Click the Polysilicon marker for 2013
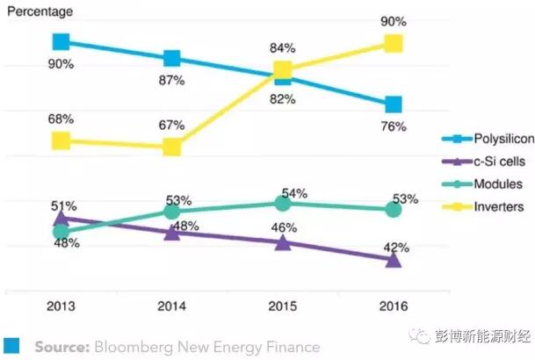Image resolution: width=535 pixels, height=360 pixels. [x=61, y=41]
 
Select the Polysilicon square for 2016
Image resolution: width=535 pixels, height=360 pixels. [x=394, y=104]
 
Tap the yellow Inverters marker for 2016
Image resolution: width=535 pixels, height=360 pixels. [x=394, y=44]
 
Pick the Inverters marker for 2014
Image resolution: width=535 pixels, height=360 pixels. [x=172, y=146]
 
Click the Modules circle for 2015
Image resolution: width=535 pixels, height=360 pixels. [x=283, y=203]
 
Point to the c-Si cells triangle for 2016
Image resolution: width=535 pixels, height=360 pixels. [x=394, y=259]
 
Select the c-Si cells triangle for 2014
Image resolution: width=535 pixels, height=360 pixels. [x=172, y=233]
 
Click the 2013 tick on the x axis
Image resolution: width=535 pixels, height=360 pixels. [x=61, y=307]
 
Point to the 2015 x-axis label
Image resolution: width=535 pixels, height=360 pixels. [x=283, y=307]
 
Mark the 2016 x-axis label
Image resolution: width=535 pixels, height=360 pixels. [x=394, y=307]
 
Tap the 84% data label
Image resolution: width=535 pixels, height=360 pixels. [x=281, y=47]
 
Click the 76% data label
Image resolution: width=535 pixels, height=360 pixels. [x=394, y=127]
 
